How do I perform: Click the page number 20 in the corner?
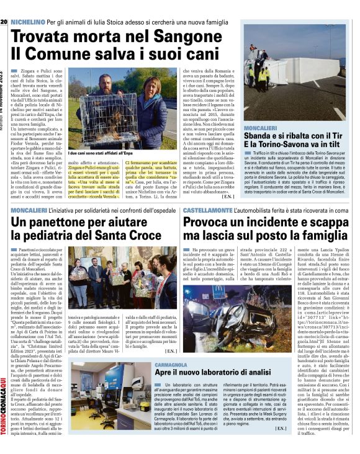tap(4, 5)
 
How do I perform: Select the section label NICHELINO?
tap(28, 5)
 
